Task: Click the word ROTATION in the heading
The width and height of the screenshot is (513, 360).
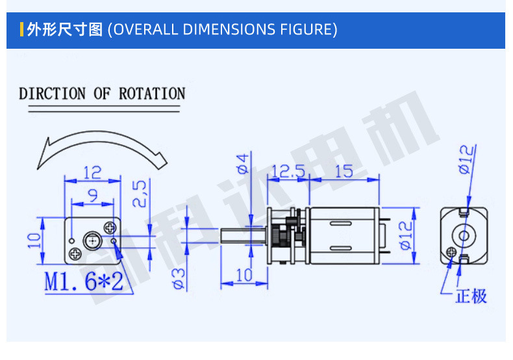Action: pyautogui.click(x=152, y=94)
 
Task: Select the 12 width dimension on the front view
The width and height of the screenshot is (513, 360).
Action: pyautogui.click(x=93, y=172)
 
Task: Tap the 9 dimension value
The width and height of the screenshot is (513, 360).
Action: pyautogui.click(x=93, y=194)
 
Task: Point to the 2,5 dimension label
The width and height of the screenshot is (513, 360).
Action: pyautogui.click(x=142, y=193)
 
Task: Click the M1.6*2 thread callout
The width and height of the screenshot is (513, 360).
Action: pyautogui.click(x=84, y=281)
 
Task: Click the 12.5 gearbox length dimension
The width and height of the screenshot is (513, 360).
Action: pyautogui.click(x=288, y=172)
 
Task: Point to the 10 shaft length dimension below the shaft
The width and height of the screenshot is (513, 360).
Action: pyautogui.click(x=244, y=275)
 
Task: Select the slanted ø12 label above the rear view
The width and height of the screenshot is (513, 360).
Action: pyautogui.click(x=466, y=159)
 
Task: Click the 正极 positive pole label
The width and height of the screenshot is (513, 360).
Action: pyautogui.click(x=471, y=296)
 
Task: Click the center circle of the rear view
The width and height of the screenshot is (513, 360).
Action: pyautogui.click(x=464, y=235)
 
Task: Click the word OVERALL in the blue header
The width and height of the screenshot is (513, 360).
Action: pyautogui.click(x=144, y=29)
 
